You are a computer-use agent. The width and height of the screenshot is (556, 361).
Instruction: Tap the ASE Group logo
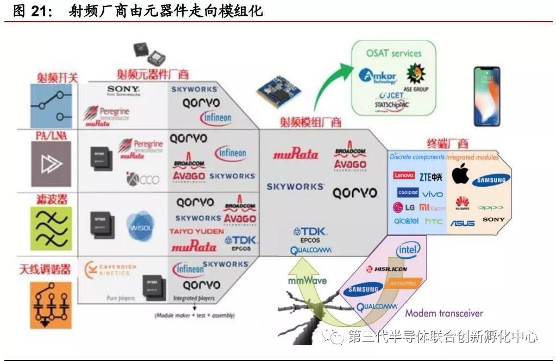(x=416, y=76)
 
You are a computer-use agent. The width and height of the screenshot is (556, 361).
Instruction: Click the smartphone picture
(x=486, y=96)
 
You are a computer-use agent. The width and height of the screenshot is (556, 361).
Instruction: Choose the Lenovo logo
(x=404, y=176)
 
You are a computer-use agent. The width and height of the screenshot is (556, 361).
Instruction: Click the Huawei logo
(x=462, y=203)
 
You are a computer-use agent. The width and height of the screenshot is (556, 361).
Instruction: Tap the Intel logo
(x=408, y=250)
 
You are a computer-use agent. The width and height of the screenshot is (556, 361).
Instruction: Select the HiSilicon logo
(x=386, y=269)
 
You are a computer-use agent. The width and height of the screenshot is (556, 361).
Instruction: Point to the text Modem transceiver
(x=443, y=313)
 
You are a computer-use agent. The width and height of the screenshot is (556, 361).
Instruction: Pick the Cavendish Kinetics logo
(x=111, y=269)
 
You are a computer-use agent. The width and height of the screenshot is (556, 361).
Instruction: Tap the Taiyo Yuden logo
(x=196, y=231)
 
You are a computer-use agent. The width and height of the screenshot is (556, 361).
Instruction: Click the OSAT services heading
(x=393, y=53)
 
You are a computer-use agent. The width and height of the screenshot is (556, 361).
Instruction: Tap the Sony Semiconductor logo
(x=123, y=90)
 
